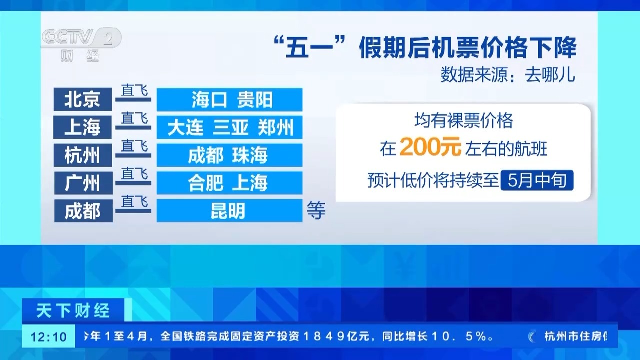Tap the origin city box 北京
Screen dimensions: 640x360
point(83,99)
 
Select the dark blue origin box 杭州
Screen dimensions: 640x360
point(83,155)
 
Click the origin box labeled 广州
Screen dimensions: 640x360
point(83,183)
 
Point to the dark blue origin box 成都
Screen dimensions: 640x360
point(83,211)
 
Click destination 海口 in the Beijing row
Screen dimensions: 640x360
point(209,100)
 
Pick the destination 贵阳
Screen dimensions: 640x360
point(255,100)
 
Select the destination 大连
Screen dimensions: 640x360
point(185,127)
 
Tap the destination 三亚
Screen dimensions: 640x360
point(231,127)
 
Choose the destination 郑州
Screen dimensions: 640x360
point(276,127)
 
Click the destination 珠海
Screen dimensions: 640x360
point(250,155)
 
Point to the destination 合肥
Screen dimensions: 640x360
point(205,183)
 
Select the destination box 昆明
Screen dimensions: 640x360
point(229,211)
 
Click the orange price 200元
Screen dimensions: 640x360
point(430,147)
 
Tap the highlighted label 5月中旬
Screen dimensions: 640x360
point(537,180)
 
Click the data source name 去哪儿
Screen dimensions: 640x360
point(550,75)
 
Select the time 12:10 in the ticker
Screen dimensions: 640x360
point(49,337)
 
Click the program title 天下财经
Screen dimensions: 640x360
point(73,311)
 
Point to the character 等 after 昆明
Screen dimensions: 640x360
point(316,210)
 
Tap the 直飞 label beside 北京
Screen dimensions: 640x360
point(134,90)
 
